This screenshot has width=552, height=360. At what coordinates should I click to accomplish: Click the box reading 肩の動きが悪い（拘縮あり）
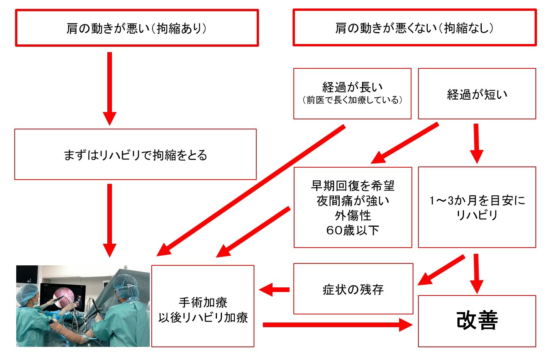[x=137, y=28]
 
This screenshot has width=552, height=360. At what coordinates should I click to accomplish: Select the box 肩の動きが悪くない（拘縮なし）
[x=414, y=28]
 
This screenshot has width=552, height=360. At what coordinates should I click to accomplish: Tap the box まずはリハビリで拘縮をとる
[x=135, y=155]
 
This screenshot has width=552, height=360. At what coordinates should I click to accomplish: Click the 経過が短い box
[x=477, y=94]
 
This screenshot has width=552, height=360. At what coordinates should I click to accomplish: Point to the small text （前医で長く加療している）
[x=352, y=100]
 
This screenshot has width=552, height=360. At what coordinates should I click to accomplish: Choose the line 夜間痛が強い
[x=353, y=200]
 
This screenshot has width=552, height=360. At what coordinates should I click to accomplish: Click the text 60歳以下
[x=353, y=230]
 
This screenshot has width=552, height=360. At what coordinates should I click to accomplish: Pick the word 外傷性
[x=353, y=215]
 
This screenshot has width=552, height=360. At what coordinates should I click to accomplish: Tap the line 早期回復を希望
[x=353, y=186]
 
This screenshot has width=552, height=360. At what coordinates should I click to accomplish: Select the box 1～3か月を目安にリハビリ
[x=477, y=207]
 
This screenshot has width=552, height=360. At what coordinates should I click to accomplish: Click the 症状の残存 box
[x=353, y=289]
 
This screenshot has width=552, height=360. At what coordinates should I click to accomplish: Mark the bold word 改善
[x=477, y=321]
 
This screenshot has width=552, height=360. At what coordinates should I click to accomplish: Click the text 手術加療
[x=203, y=302]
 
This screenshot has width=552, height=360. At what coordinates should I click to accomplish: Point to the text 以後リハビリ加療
[x=203, y=318]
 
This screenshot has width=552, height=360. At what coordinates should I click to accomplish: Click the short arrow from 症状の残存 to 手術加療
[x=275, y=289]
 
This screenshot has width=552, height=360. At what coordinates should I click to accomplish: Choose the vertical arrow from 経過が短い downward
[x=476, y=143]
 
